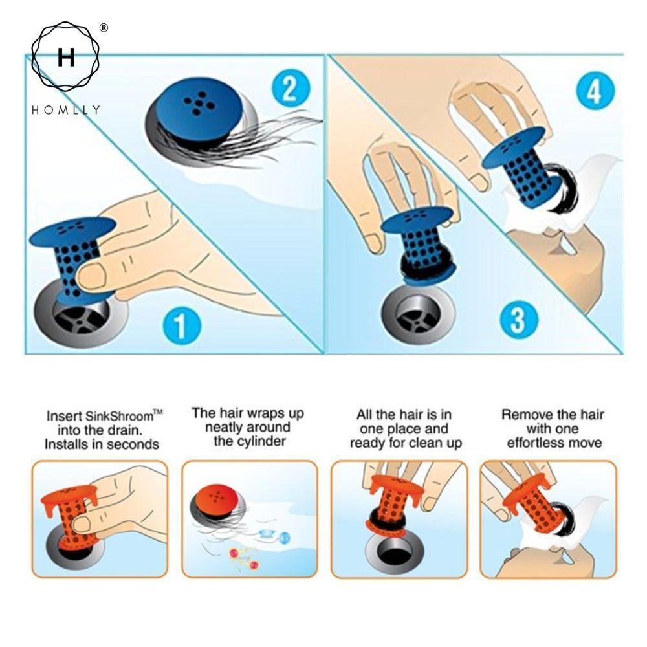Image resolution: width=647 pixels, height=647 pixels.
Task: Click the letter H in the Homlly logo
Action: [65, 58]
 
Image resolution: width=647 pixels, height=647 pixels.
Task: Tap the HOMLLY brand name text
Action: [65, 109]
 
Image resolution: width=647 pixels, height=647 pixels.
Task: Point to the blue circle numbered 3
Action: [518, 319]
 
